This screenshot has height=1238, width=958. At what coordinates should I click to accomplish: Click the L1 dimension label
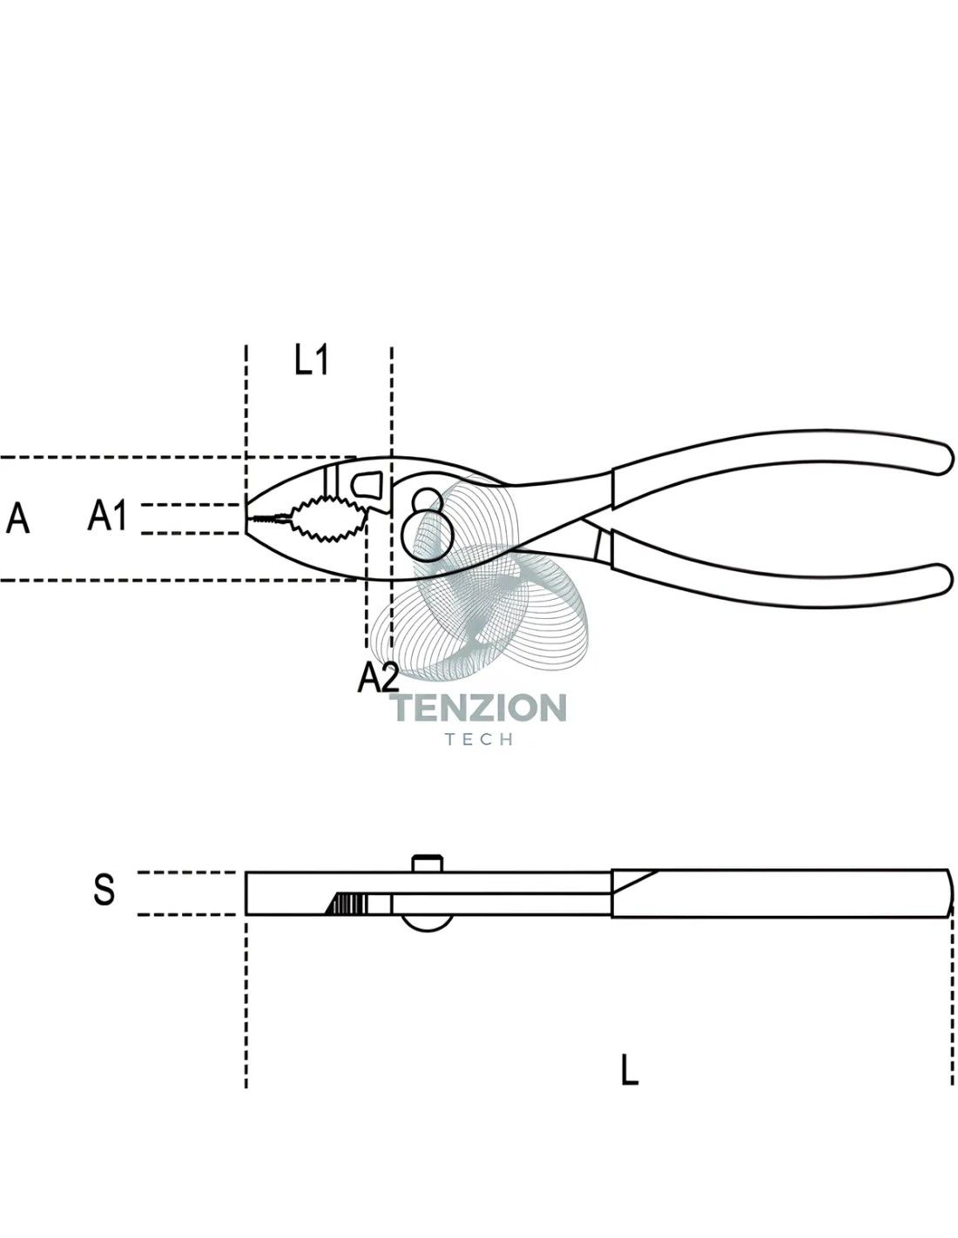click(311, 360)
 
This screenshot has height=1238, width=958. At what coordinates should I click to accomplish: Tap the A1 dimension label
click(107, 515)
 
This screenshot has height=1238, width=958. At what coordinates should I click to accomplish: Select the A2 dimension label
click(377, 678)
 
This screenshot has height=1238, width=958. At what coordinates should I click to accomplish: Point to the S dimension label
click(104, 890)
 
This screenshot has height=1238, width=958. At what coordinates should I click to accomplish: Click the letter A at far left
click(17, 518)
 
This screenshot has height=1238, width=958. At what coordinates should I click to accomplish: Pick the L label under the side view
click(629, 1070)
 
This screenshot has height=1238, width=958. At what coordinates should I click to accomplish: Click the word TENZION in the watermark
click(479, 708)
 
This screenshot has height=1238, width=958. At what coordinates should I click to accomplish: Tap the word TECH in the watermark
click(479, 739)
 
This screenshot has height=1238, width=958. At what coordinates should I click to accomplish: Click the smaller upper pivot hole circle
click(426, 500)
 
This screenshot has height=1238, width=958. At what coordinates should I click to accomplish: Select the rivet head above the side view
click(426, 864)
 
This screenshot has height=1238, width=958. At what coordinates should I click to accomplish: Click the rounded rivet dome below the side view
click(427, 923)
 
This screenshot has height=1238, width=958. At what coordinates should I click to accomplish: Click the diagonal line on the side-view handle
click(635, 882)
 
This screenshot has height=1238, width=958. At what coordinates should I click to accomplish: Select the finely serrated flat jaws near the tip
click(271, 518)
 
